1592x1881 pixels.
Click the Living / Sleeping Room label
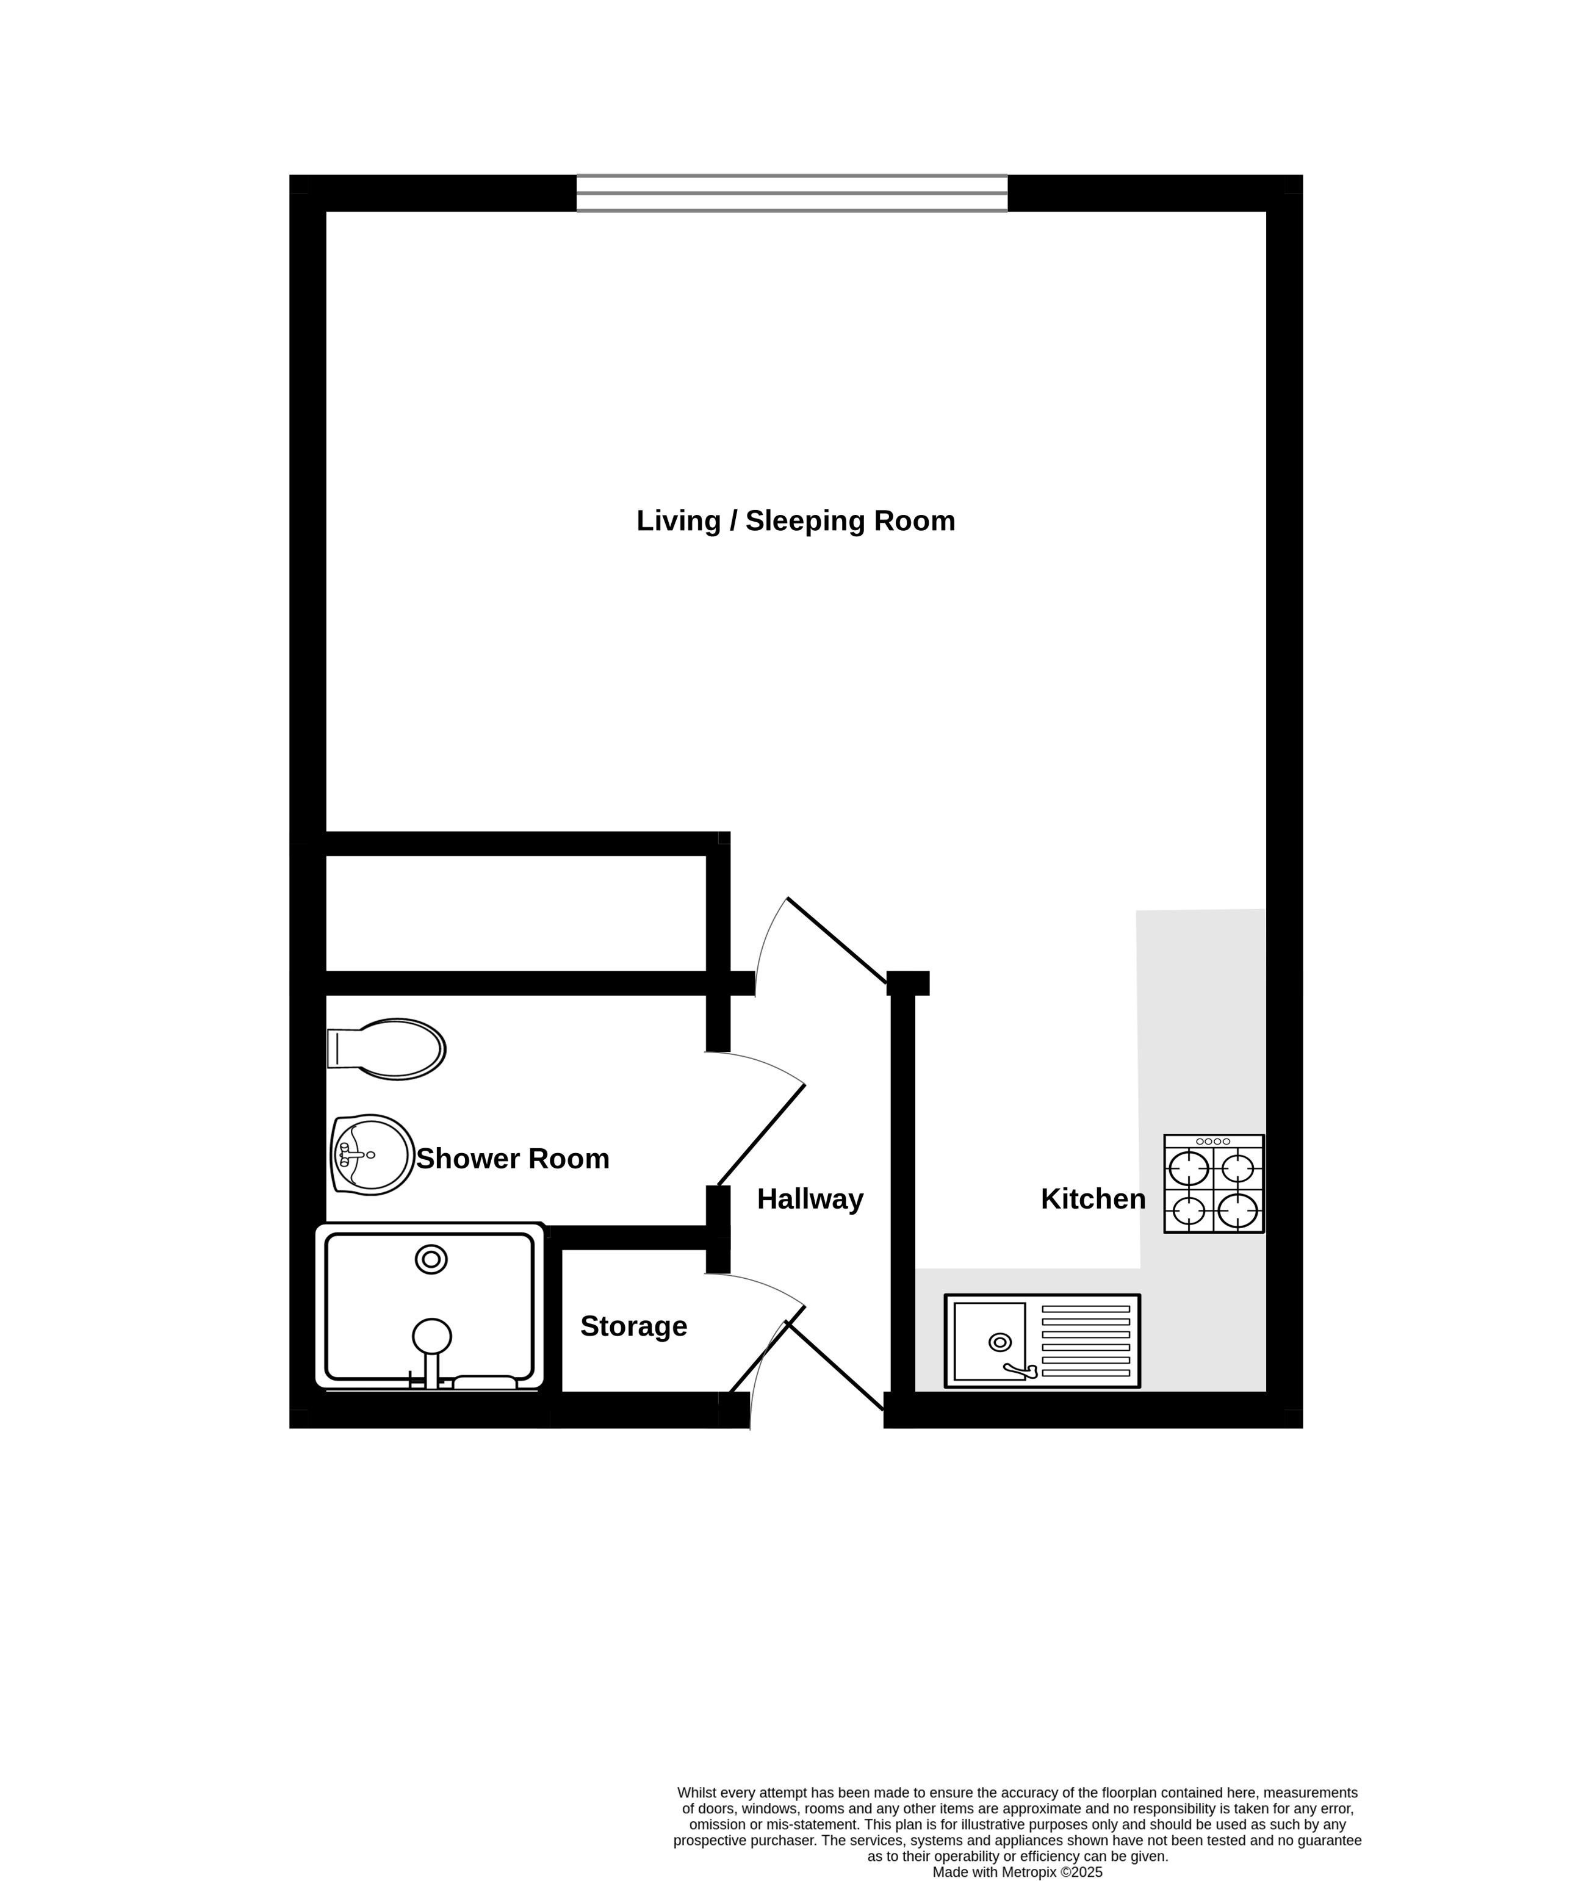[x=795, y=522]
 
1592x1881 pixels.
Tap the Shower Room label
[x=513, y=1159]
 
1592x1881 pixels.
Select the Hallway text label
[x=810, y=1199]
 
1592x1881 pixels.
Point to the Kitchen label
[x=1093, y=1199]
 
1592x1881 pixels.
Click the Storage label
[x=633, y=1326]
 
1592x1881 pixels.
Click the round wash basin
[x=373, y=1155]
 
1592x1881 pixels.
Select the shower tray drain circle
[x=431, y=1259]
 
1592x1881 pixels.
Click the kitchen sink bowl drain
[x=1000, y=1342]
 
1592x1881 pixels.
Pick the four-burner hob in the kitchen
[x=1214, y=1184]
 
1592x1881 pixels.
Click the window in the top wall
[x=791, y=193]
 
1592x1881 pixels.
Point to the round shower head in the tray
[x=432, y=1335]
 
